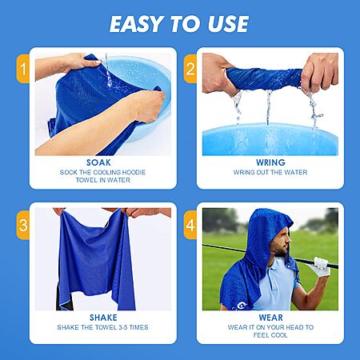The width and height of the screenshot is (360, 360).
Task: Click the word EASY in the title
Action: pos(137,24)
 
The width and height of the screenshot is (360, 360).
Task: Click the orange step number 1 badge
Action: pos(23,69)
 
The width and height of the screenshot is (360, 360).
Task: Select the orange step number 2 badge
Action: pos(190,69)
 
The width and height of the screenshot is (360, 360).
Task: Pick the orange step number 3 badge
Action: pos(23,225)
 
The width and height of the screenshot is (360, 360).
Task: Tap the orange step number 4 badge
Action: pos(190,225)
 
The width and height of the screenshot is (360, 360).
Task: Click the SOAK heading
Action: pos(98,162)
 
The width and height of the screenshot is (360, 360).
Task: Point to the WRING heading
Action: pos(270,162)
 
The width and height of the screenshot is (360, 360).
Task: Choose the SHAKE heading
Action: pos(103,318)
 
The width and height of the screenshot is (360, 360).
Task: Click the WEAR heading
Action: pos(270,318)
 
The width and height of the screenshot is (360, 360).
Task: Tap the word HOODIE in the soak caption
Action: pos(134,172)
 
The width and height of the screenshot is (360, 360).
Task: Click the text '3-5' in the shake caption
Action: pos(123,327)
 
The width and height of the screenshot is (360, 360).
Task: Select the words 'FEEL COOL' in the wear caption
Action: pos(270,335)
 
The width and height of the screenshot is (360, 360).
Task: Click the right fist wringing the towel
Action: pos(319,72)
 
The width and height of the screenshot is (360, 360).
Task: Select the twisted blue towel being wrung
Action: pos(264,78)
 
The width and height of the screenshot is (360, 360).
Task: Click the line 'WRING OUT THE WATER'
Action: pos(270,172)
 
